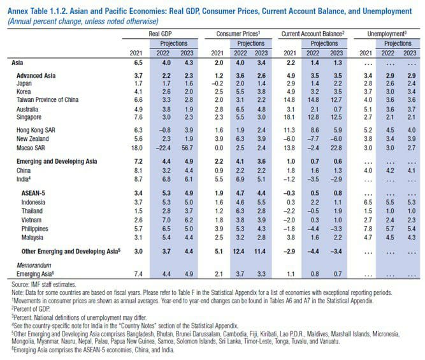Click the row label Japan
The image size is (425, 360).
coord(24,83)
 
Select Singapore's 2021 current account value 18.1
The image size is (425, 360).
coord(289,118)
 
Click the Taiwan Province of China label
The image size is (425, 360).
coord(47,101)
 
